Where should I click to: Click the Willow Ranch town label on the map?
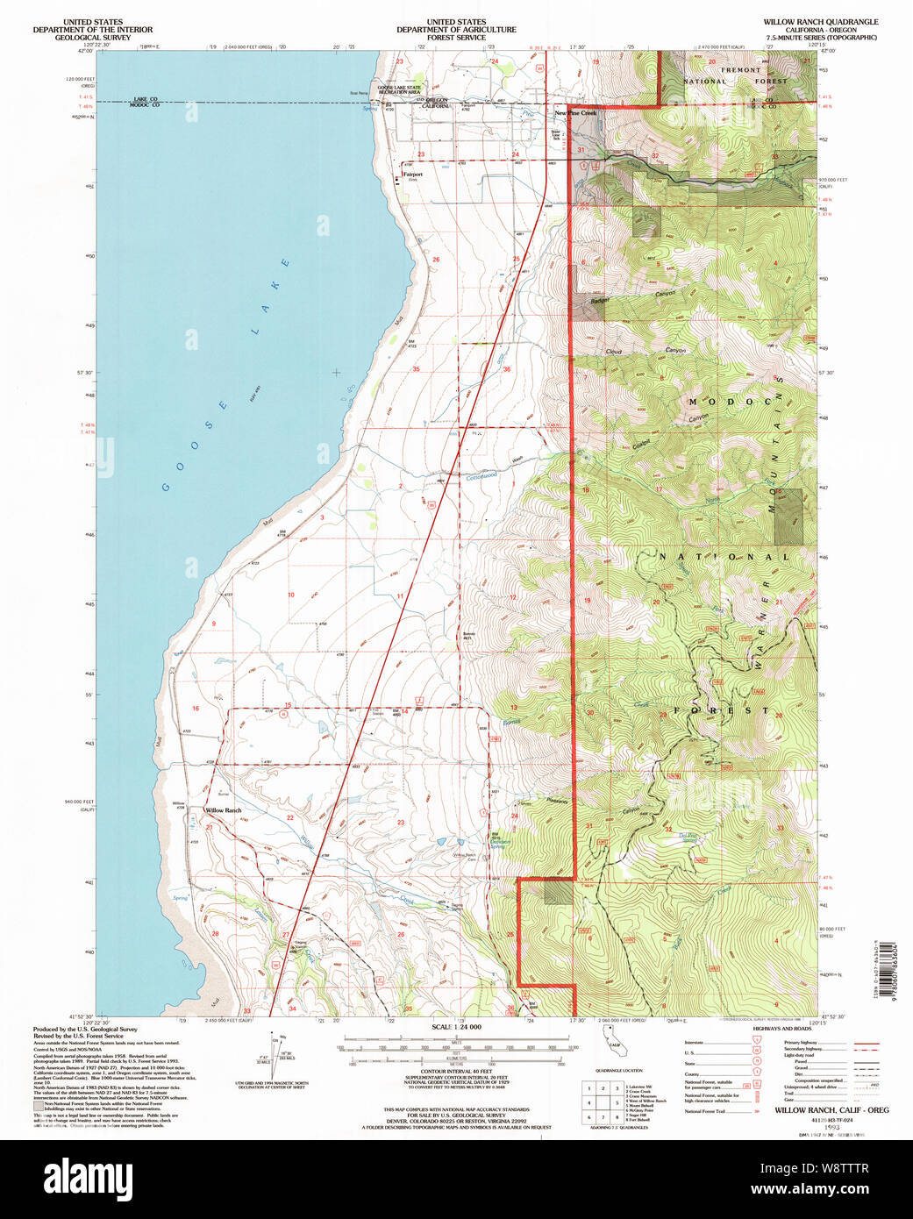point(223,810)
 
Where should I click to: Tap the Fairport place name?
point(412,175)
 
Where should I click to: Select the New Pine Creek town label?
point(575,113)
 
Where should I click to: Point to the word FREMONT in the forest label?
point(741,70)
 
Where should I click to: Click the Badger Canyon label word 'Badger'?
point(599,302)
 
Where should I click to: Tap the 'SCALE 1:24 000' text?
point(456,1027)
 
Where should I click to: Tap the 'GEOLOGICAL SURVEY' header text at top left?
point(92,38)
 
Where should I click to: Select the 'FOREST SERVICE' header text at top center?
point(456,38)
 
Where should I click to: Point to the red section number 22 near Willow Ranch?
point(289,817)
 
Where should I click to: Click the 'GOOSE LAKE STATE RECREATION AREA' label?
point(399,89)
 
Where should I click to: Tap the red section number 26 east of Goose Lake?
point(436,260)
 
